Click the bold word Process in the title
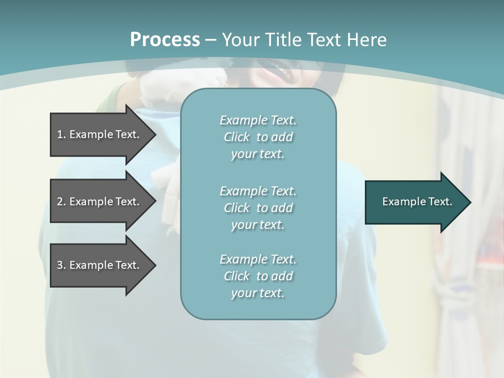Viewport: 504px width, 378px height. point(165,40)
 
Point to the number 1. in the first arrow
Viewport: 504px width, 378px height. point(61,134)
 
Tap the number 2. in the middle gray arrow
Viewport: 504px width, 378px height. point(61,202)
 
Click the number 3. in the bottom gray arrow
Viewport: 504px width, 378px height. point(61,265)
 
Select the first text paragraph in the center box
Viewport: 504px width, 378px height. point(258,137)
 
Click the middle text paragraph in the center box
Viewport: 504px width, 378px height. point(258,208)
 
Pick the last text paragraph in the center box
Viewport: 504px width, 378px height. point(258,276)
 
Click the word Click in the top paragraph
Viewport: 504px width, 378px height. point(237,137)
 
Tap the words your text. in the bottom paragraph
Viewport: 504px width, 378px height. point(258,293)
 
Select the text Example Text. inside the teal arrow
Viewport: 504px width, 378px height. point(417,202)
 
